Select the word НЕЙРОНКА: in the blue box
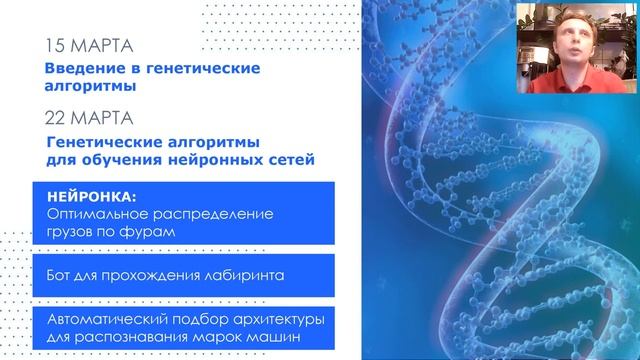click(x=88, y=197)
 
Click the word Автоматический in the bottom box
click(x=111, y=320)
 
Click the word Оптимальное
click(x=97, y=214)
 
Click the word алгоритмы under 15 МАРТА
click(x=91, y=85)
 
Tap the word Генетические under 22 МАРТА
click(x=111, y=140)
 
